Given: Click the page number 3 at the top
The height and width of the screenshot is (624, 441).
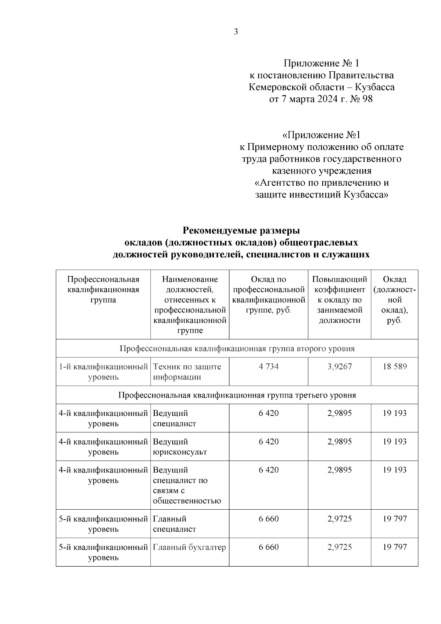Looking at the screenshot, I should pos(236,32).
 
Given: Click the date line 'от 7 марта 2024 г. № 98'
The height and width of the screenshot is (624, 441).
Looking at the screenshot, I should pos(321,99).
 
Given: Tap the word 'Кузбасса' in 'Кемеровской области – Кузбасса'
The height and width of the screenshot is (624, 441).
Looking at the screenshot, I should pos(375,87).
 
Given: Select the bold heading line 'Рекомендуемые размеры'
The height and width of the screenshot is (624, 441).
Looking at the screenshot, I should pos(241,231).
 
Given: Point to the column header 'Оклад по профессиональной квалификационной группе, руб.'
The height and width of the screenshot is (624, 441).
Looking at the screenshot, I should pos(269,295).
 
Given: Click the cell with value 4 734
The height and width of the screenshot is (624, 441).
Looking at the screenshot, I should pos(269,366).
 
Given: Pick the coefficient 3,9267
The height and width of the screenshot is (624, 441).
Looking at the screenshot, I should pos(339,366).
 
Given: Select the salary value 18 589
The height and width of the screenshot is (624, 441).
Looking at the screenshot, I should pos(394,366).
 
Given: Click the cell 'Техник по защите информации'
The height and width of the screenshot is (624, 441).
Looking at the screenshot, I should pos(187,371).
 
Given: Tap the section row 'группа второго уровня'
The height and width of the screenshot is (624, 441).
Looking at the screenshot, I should pos(237,348).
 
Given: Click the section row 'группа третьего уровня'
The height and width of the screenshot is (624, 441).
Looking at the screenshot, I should pos(237,395).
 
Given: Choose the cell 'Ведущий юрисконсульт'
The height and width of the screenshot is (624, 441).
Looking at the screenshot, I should pos(180,446).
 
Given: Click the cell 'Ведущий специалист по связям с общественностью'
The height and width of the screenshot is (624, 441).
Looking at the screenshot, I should pos(187,485).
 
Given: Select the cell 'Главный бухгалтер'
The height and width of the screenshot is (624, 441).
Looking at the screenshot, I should pos(189,547).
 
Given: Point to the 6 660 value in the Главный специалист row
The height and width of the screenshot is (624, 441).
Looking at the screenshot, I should pos(269,518).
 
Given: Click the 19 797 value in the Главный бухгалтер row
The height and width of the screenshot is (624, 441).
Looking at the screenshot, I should pos(394,547).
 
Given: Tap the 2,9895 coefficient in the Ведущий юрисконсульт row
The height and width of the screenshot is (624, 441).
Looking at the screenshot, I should pos(339,441).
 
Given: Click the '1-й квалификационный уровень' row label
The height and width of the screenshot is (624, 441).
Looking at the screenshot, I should pos(103,371).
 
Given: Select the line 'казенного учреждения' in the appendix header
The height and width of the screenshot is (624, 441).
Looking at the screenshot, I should pos(322,171).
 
